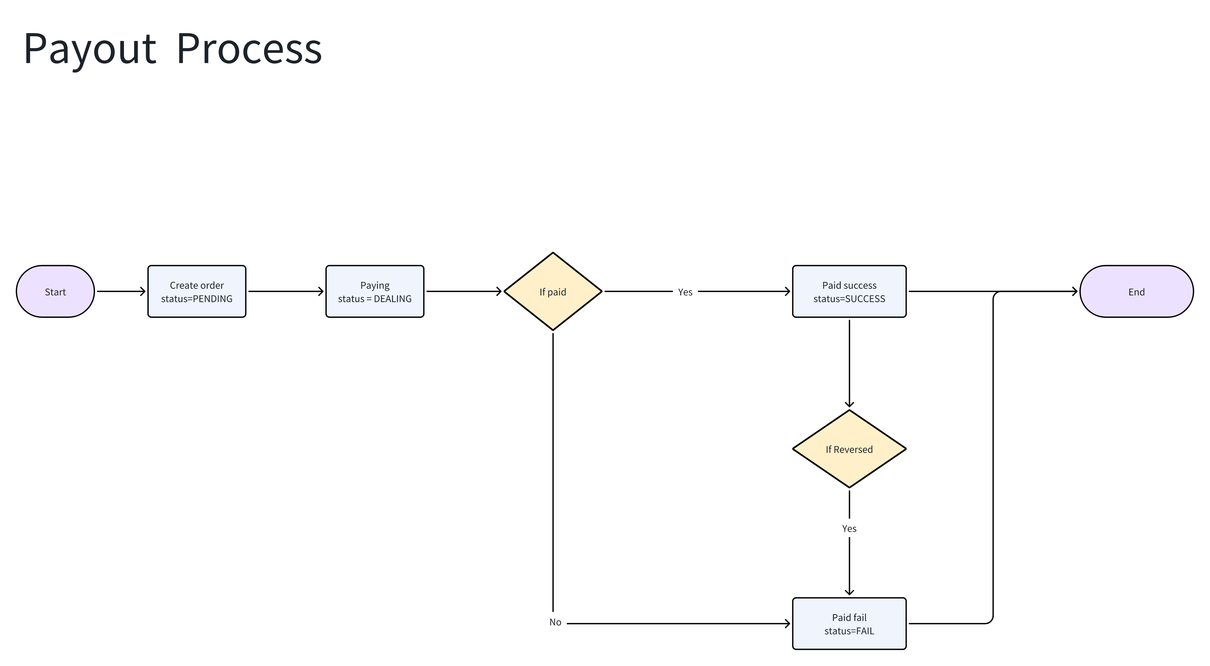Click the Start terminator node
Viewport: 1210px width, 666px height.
tap(55, 292)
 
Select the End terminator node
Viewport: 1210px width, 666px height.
tap(1136, 292)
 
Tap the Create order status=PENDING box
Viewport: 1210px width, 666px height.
tap(197, 292)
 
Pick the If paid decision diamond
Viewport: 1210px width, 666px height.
tap(553, 292)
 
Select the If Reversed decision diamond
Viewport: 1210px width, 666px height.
tap(849, 449)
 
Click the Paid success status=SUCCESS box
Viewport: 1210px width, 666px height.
tap(849, 292)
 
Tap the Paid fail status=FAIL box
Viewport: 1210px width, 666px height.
tap(849, 624)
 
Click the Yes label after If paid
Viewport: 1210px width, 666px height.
tap(685, 292)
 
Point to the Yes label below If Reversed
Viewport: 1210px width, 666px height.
tap(849, 529)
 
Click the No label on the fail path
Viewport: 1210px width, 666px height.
tap(555, 622)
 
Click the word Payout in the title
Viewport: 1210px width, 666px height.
tap(89, 49)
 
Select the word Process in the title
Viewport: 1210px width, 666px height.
tap(249, 49)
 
